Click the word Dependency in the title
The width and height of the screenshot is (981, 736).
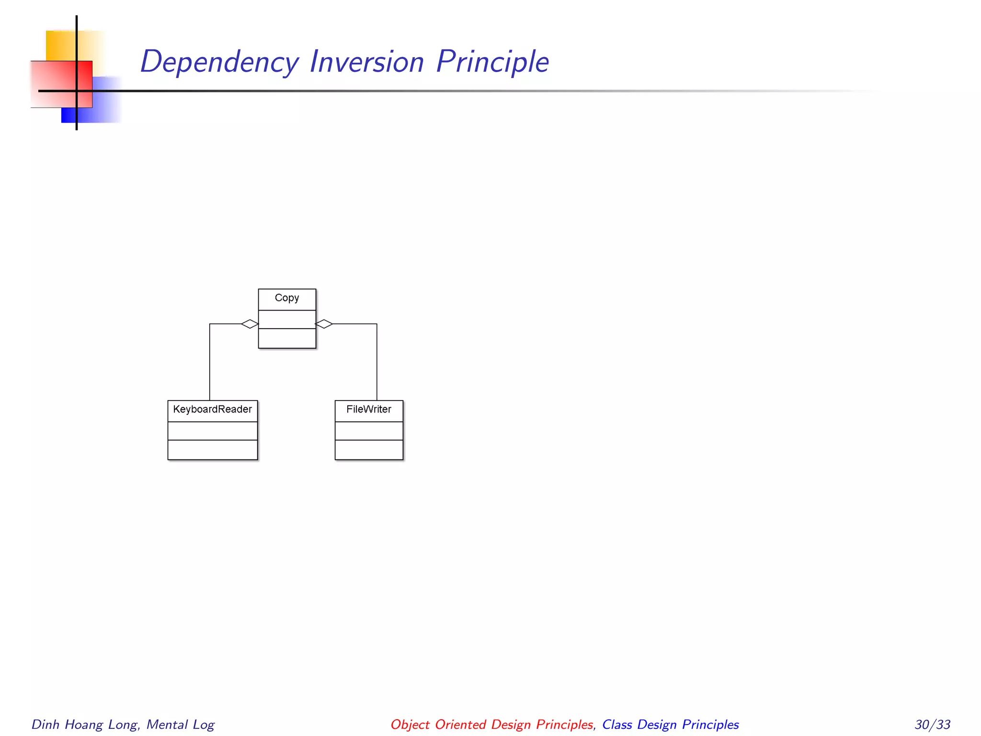point(219,62)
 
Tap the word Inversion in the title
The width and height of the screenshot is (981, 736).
point(367,62)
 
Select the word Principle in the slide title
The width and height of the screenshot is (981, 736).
point(492,62)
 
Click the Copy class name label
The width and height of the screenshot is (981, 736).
point(287,298)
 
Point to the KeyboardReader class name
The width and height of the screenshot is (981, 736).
point(212,410)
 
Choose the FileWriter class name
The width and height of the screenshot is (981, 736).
point(369,410)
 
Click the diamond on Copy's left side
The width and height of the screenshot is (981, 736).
point(250,324)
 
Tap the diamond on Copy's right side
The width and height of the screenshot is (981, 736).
point(324,324)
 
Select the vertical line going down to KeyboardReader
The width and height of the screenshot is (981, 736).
point(210,364)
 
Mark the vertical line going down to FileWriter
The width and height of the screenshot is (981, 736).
point(377,364)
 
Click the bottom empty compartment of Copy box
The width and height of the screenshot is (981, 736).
point(287,338)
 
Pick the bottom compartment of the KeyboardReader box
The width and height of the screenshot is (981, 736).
point(212,450)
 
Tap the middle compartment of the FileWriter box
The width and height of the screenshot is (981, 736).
point(369,431)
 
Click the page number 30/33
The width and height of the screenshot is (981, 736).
point(932,724)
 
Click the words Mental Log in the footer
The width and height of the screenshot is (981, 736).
point(181,724)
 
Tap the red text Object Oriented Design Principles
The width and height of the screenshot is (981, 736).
point(492,724)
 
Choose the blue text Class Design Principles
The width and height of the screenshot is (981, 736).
point(670,724)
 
